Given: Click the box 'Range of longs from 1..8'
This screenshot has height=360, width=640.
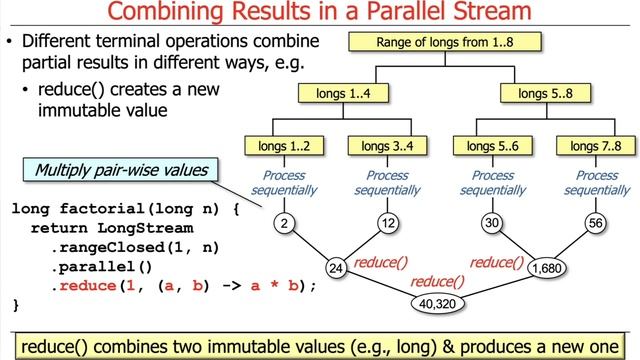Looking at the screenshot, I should pos(445,43).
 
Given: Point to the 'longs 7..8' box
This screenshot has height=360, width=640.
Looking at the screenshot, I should pos(598,146).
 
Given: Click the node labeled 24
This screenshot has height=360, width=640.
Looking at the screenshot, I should pos(336,268).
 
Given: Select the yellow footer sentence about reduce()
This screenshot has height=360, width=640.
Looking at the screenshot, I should pos(320,344).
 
